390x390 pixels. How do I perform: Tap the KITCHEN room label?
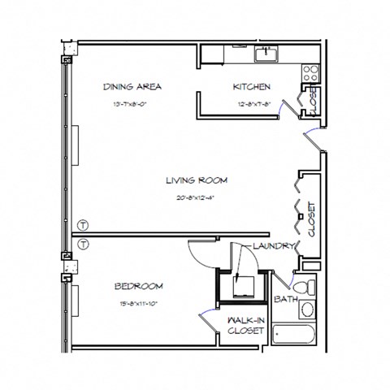coord(252,87)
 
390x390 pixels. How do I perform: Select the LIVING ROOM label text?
coord(196,180)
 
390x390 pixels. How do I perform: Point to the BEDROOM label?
coord(139,286)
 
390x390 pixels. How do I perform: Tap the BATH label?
coord(285,300)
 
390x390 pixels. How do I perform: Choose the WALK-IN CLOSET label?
coord(242,325)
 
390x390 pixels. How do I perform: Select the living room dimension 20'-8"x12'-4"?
coord(196,197)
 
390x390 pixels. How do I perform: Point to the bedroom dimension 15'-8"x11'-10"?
coord(139,304)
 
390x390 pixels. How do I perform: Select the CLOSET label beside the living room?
coord(311,219)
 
